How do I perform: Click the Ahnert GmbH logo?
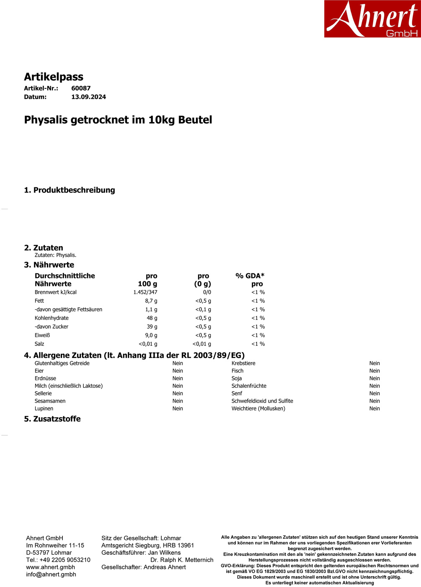[x=372, y=19]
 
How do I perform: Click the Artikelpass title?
[x=54, y=77]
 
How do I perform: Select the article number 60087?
[x=81, y=88]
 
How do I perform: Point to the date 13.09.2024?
[x=88, y=97]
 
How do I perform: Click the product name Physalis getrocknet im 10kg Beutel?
[x=118, y=120]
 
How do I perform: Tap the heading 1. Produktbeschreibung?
[x=70, y=190]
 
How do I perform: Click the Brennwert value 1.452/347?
[x=145, y=292]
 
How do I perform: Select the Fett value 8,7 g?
[x=151, y=301]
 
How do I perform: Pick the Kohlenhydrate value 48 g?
[x=152, y=318]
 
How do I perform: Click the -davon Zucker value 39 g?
[x=152, y=327]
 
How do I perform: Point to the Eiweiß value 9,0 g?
[x=151, y=335]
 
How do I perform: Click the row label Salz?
[x=39, y=344]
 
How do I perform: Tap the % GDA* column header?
[x=250, y=276]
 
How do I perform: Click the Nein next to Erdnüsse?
[x=178, y=378]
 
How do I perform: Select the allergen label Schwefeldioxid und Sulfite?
[x=262, y=401]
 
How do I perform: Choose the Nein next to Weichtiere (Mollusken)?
[x=375, y=408]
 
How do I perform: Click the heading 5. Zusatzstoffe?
[x=52, y=419]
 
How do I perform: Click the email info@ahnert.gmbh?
[x=51, y=574]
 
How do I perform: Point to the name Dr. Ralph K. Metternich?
[x=182, y=560]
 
